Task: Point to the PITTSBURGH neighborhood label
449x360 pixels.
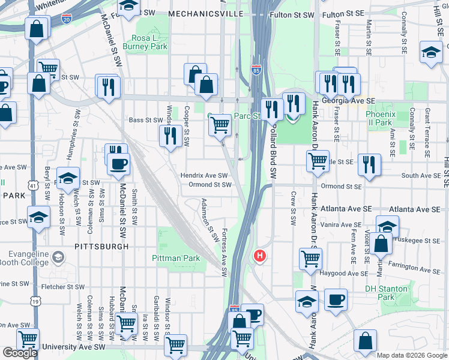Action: pos(102,246)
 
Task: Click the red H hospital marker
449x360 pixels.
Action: pos(260,256)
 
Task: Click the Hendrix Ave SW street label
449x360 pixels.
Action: pos(205,176)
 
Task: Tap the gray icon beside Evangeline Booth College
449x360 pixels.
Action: pos(58,258)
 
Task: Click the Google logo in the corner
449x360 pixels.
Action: pos(20,352)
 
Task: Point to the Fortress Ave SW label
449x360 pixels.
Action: pos(224,252)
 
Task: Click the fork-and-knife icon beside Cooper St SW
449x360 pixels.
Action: pos(171,135)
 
